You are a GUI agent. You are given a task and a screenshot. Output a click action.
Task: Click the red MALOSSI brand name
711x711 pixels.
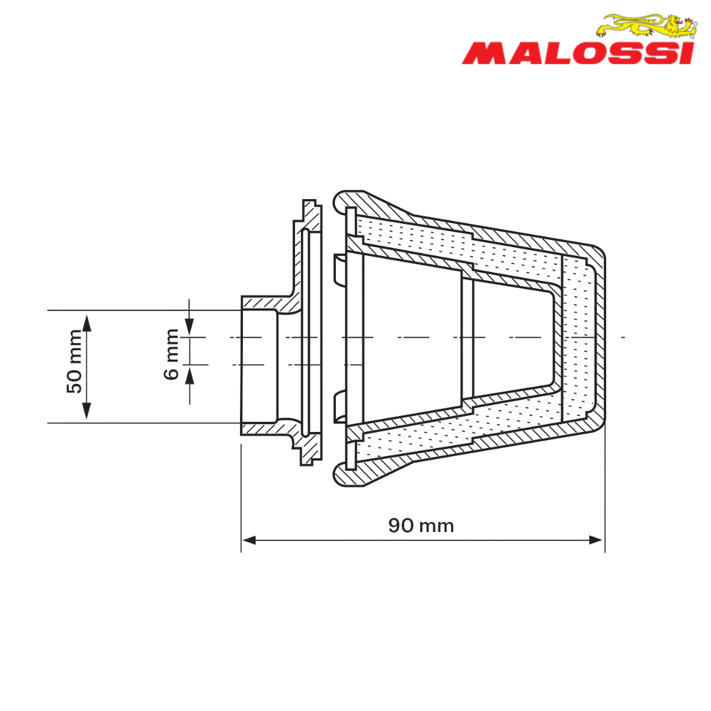578,53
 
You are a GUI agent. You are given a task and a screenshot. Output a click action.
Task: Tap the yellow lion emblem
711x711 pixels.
647,26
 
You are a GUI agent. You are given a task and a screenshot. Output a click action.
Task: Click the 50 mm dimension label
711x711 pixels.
74,361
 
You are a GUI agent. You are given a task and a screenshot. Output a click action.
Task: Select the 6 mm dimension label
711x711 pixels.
171,354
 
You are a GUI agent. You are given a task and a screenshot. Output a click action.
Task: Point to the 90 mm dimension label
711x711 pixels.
421,526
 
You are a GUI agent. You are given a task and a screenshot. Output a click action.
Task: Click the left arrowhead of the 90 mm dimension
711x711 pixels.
249,540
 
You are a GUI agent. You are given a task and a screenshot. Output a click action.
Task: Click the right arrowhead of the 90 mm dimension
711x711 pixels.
596,540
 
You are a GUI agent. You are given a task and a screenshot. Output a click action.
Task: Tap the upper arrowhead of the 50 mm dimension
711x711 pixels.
87,323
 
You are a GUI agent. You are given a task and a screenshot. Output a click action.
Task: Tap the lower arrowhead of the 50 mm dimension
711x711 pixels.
87,411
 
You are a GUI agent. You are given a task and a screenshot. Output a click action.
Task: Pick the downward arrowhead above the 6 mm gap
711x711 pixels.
189,326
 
